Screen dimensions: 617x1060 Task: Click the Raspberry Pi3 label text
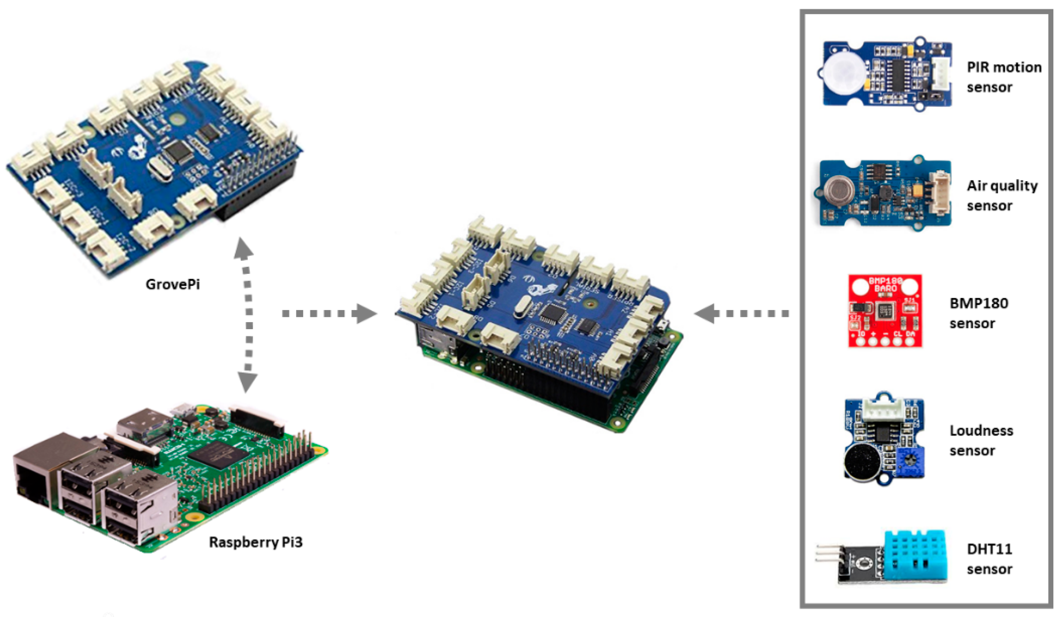[256, 542]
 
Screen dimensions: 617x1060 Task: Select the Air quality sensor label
[1002, 196]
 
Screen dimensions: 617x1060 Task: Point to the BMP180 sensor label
[978, 313]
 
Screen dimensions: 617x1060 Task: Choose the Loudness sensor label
[981, 440]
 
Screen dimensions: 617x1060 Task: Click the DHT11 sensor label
[990, 559]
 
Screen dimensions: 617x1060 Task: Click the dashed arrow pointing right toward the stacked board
[328, 314]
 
